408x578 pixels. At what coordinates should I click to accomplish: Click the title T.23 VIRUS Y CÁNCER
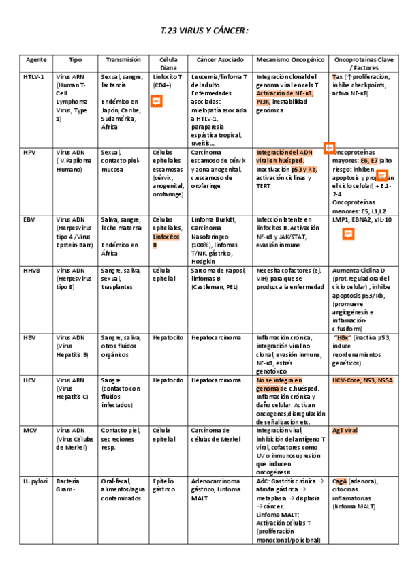pos(204,31)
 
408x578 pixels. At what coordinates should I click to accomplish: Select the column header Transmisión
pos(123,60)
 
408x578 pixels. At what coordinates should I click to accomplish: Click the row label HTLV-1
pos(33,77)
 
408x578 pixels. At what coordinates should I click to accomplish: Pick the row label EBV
pos(29,219)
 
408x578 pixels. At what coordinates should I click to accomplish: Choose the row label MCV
pos(30,431)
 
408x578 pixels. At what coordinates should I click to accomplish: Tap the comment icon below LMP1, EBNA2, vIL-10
pos(347,234)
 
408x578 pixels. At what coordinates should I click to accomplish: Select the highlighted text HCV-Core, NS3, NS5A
pos(362,380)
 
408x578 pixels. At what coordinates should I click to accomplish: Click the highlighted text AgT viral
pos(345,431)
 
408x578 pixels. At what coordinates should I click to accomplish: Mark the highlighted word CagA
pos(340,481)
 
